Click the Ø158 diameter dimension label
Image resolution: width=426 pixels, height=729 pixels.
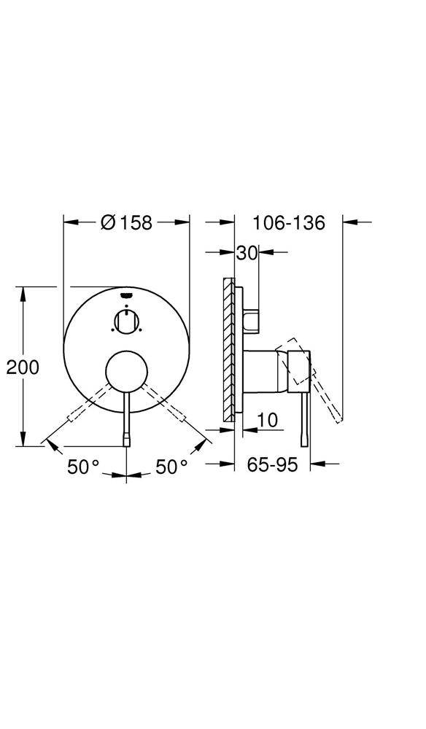[x=126, y=222]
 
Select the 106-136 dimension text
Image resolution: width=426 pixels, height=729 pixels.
[x=288, y=222]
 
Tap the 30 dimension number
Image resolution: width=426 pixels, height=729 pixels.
[x=247, y=253]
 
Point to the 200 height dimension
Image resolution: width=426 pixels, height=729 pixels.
[x=23, y=367]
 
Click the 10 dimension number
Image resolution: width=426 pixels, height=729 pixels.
[x=268, y=421]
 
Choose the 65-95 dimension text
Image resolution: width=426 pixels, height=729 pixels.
[x=272, y=464]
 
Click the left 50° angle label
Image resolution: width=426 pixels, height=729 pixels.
[x=83, y=467]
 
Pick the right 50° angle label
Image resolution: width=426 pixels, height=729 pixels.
[x=171, y=467]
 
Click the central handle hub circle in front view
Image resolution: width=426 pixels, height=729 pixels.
[x=126, y=372]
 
